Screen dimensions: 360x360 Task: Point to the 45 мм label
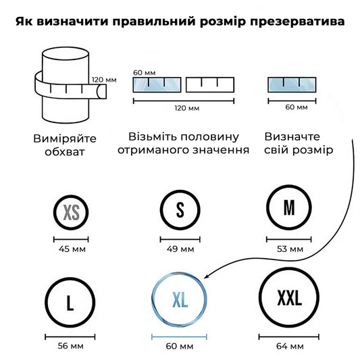(72, 249)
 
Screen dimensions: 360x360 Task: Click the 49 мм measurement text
(180, 249)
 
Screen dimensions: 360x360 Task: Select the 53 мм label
(290, 249)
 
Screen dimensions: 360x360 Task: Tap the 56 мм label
(70, 346)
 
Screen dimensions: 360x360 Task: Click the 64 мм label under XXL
(290, 346)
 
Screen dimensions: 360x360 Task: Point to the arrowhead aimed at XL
(206, 276)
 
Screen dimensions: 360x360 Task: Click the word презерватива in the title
(297, 22)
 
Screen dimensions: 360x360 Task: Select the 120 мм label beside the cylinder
(104, 80)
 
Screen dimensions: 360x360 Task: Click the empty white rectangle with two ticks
(210, 84)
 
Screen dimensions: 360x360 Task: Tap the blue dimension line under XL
(179, 337)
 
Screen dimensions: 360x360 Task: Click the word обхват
(65, 152)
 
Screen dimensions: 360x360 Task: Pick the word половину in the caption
(209, 137)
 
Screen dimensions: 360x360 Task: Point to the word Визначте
(292, 137)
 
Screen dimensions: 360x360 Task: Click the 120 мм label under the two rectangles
(187, 108)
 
